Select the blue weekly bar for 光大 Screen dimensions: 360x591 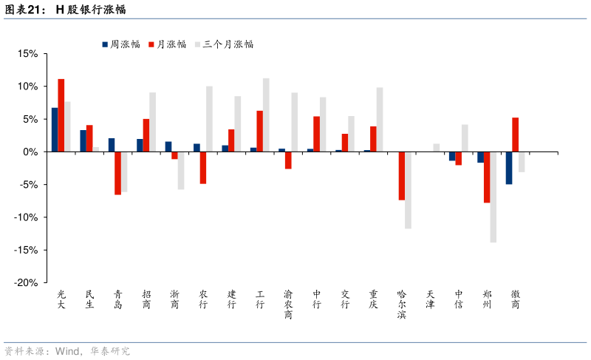coord(55,129)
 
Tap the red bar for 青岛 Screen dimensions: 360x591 coord(117,173)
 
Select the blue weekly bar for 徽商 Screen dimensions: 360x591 coord(509,168)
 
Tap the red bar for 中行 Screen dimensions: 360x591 coord(316,134)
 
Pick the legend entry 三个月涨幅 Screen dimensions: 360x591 coord(228,44)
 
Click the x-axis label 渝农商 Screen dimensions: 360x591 coord(288,304)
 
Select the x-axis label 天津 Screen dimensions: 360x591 coord(431,299)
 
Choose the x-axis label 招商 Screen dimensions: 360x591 coord(146,299)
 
